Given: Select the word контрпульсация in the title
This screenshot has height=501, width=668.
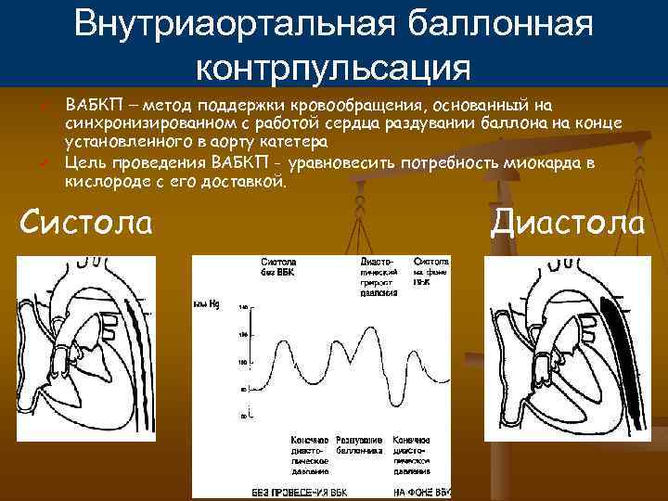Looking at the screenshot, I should point(334,68).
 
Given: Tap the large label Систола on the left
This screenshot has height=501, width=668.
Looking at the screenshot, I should point(87,222).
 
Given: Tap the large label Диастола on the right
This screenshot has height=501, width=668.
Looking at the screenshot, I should point(568,222).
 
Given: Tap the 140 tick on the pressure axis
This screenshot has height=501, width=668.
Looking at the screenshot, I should point(244,307).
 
